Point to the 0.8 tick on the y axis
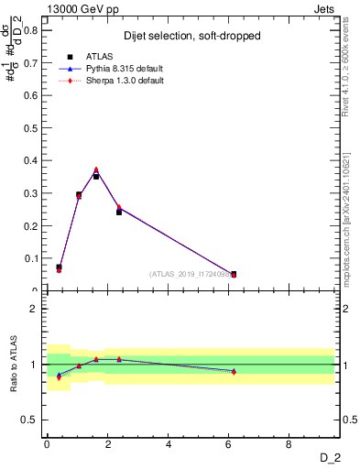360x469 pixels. [34, 29]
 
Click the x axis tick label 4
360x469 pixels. [169, 444]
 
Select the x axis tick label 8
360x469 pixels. [289, 444]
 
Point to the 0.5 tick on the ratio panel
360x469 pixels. [34, 420]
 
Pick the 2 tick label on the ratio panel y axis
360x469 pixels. [37, 309]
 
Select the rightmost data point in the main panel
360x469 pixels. [234, 274]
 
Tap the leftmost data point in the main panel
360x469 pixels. [59, 268]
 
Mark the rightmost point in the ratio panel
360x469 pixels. [234, 371]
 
